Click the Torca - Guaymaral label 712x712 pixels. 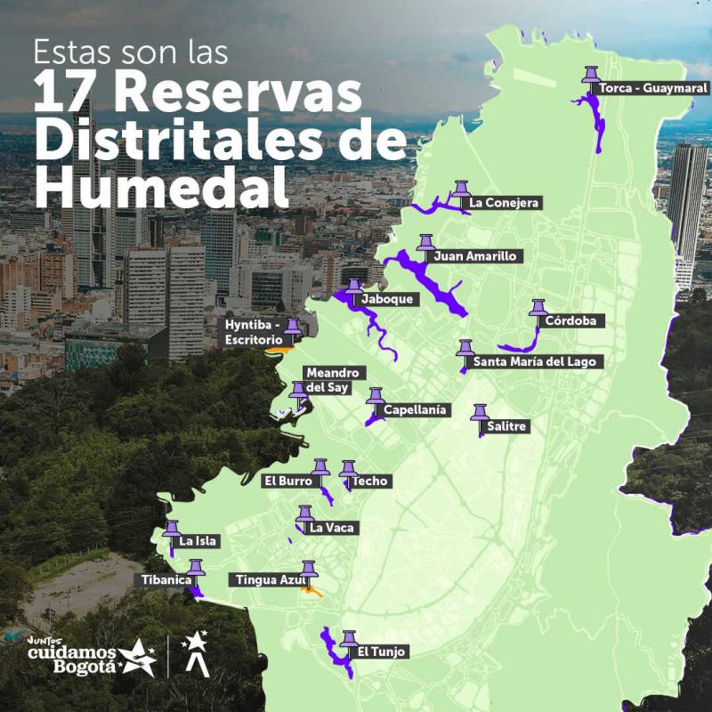652,89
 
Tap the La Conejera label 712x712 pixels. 504,203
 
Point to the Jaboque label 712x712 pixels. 386,299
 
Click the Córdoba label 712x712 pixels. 570,320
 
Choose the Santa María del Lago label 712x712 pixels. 538,361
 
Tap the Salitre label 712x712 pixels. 507,426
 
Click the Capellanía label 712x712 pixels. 415,410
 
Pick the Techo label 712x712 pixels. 369,481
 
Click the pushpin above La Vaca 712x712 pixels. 305,514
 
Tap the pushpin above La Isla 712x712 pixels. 172,529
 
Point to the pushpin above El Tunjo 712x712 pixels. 348,638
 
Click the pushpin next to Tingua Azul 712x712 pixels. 309,570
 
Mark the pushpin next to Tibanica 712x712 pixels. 196,567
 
